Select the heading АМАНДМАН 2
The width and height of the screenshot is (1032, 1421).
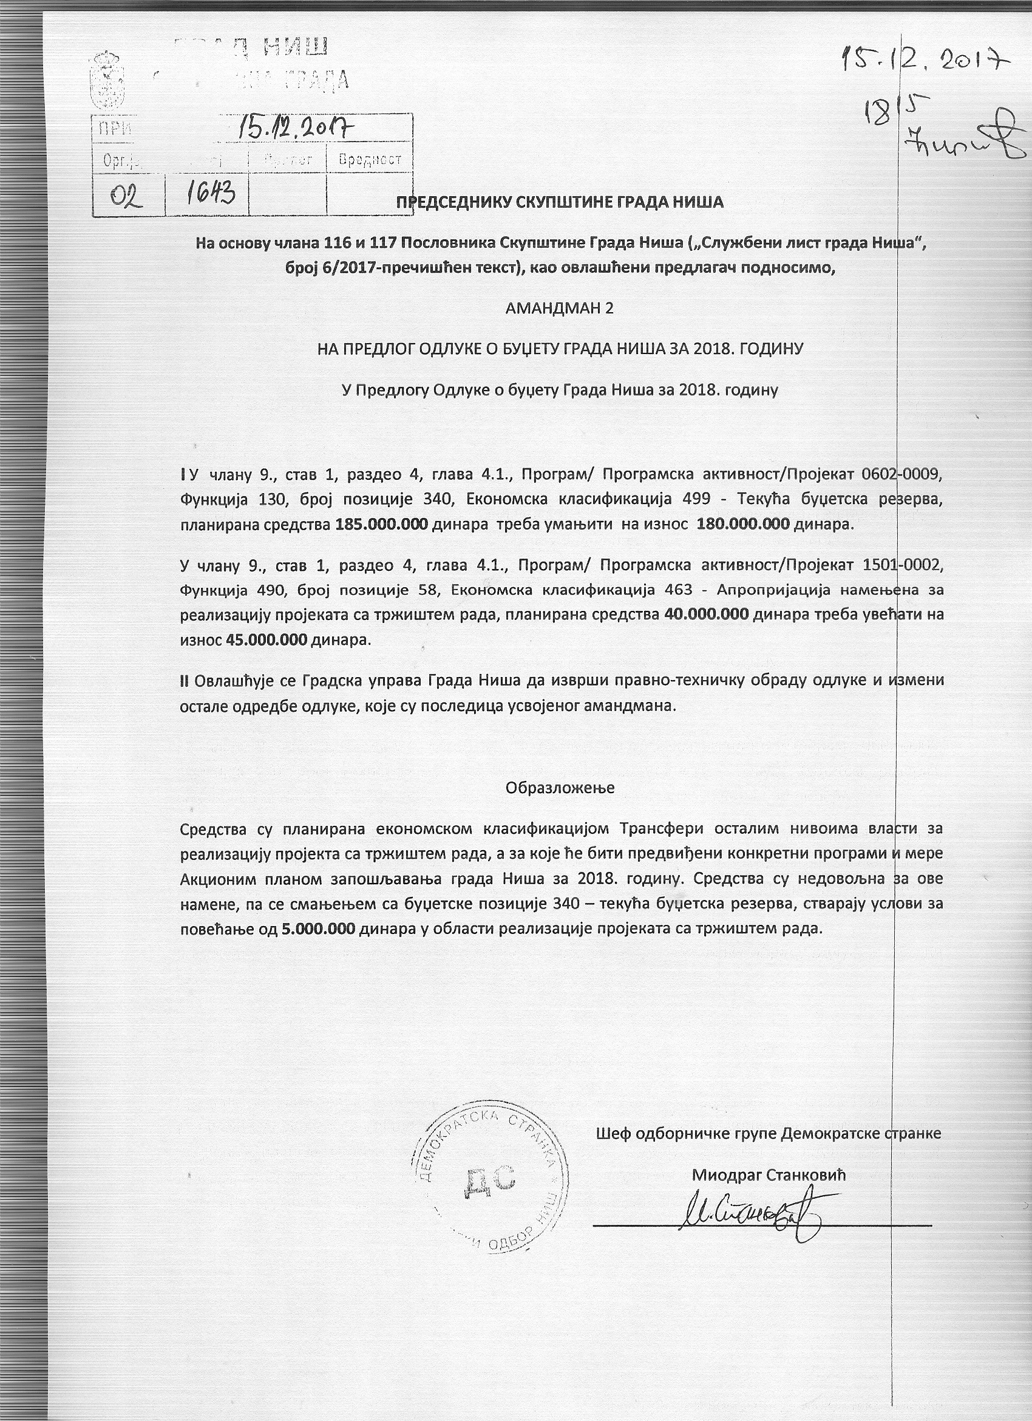[560, 308]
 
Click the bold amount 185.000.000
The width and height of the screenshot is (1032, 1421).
[381, 525]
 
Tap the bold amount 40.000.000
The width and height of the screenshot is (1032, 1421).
[706, 615]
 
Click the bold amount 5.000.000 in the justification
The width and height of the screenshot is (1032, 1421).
[319, 929]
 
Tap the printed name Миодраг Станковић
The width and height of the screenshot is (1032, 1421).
[769, 1175]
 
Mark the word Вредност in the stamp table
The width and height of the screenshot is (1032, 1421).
[370, 160]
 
